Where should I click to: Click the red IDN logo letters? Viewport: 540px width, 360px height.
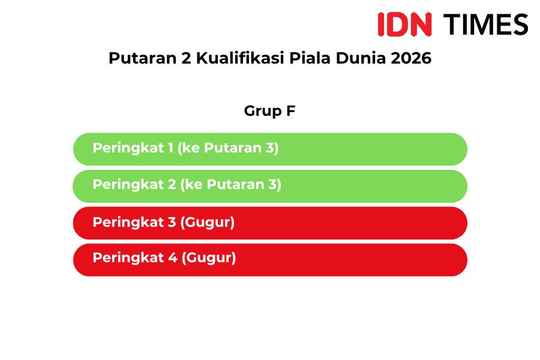coord(404,24)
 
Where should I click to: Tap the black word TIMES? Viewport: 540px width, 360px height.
coord(485,24)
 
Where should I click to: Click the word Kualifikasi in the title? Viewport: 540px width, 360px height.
coord(241,58)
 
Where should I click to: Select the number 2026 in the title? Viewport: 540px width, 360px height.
coord(411,58)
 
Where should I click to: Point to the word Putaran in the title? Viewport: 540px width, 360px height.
coord(143,58)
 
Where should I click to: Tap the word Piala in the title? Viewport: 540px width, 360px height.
coord(310,58)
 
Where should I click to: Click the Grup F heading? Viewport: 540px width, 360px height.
coord(269,111)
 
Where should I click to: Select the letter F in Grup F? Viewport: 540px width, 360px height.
coord(291,110)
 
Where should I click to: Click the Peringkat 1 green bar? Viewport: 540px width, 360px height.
coord(270,149)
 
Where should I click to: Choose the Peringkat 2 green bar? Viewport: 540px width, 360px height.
coord(270,186)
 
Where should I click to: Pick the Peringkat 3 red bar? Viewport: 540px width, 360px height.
coord(270,223)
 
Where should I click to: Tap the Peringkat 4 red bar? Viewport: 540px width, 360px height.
coord(270,260)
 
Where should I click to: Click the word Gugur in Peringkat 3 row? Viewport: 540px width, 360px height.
coord(208,223)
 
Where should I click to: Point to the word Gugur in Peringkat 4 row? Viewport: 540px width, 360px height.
coord(209,258)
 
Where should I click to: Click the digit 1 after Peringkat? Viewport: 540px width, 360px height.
coord(170,148)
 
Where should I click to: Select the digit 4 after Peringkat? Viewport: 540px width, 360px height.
coord(173,257)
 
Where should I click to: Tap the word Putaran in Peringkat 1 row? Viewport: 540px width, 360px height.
coord(233,148)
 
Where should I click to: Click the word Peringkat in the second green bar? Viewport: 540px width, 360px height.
coord(128,185)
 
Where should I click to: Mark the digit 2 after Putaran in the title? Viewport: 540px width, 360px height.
coord(186,58)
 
